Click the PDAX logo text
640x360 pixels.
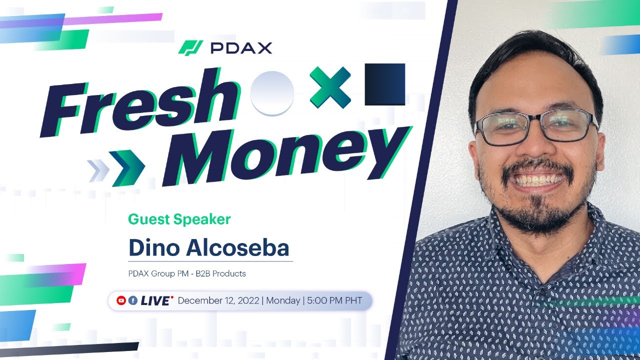241,48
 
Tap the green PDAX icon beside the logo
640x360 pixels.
190,48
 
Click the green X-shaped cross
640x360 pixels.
330,87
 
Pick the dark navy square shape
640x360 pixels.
384,84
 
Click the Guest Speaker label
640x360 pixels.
179,219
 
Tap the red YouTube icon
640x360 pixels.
121,300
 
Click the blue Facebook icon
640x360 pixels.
133,300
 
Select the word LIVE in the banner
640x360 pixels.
155,300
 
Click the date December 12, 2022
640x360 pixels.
218,300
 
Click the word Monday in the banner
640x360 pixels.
283,300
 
